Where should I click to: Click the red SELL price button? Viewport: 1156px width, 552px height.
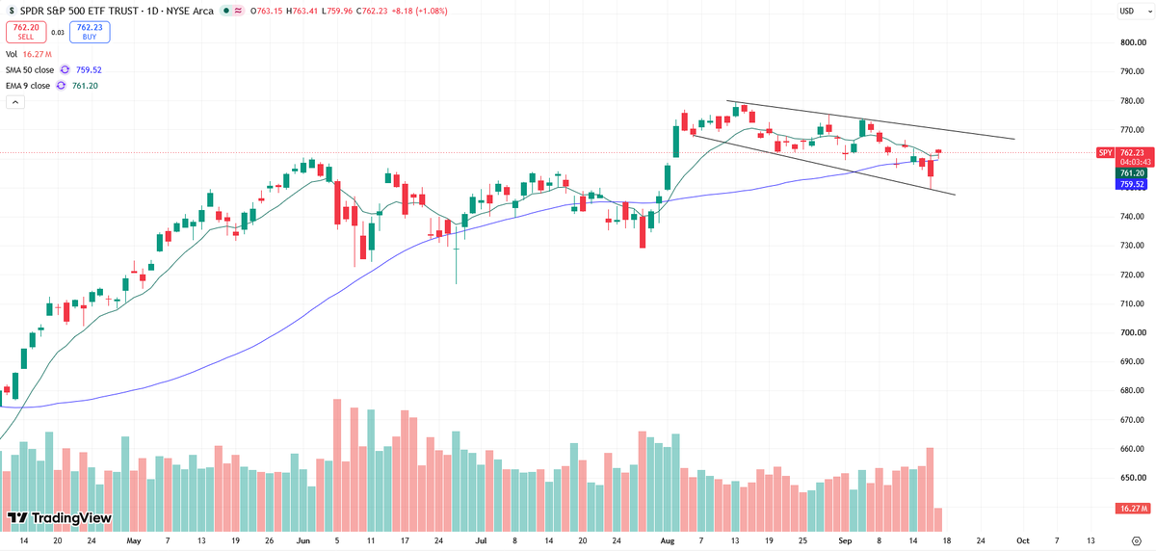[26, 32]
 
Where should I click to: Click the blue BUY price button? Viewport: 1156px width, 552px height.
[90, 32]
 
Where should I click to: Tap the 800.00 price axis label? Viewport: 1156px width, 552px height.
[1133, 42]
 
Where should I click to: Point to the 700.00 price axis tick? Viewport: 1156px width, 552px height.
[1133, 332]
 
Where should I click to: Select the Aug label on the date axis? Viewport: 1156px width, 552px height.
[668, 540]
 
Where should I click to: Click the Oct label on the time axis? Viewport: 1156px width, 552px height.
[1022, 540]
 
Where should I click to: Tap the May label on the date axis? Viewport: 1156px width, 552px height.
[134, 540]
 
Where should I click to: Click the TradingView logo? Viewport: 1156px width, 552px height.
[60, 518]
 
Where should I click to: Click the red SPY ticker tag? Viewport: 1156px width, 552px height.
[1105, 153]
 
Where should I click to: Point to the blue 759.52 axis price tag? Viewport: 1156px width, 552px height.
[1131, 184]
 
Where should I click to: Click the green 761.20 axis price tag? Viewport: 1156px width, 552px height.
[1131, 173]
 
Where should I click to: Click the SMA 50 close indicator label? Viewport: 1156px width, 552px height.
[30, 69]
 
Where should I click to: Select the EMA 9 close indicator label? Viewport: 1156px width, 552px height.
[28, 86]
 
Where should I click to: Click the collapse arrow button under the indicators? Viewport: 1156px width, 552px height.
[15, 102]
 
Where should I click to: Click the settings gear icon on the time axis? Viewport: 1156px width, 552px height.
[1137, 540]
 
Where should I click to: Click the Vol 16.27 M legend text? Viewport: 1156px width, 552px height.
[29, 54]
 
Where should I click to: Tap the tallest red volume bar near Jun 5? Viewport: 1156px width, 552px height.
[337, 465]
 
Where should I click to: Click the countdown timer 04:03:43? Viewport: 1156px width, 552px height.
[1132, 162]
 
